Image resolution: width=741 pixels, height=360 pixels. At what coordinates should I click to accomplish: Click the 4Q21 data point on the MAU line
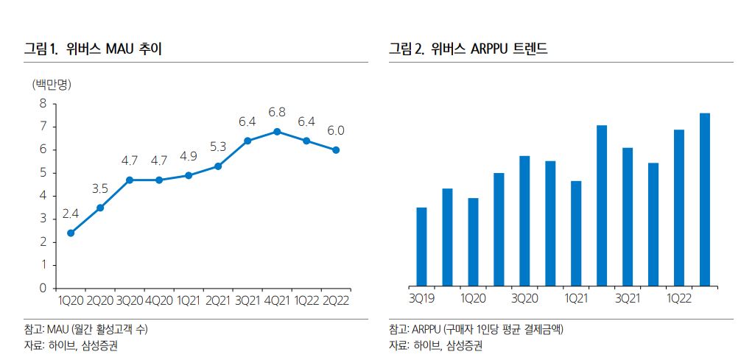(277, 131)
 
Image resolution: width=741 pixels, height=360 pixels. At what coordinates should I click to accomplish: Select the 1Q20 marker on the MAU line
(71, 233)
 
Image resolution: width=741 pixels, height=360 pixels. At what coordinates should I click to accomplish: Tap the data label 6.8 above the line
(277, 113)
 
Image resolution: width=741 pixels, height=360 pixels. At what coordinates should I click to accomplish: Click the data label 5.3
(218, 147)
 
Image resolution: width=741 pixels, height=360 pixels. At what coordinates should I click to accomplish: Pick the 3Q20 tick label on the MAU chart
(130, 300)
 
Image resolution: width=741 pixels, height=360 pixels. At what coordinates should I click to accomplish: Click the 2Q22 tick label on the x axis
(336, 300)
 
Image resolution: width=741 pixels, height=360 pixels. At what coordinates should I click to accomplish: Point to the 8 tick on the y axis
(43, 104)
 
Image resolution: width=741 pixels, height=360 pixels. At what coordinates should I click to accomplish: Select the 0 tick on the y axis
(43, 288)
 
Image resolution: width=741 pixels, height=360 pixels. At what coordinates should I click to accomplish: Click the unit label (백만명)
(52, 83)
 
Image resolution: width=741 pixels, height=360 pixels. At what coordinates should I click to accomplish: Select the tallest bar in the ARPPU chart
(705, 200)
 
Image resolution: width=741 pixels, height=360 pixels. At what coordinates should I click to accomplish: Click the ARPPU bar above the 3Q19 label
(421, 247)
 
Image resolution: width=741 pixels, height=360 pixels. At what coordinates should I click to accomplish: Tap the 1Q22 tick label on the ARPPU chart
(678, 298)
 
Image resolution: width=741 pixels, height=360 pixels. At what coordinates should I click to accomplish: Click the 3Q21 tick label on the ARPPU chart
(628, 298)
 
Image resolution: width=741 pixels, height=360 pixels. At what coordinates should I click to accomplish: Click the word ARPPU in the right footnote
(427, 329)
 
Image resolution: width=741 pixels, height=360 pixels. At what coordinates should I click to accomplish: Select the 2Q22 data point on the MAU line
(336, 149)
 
